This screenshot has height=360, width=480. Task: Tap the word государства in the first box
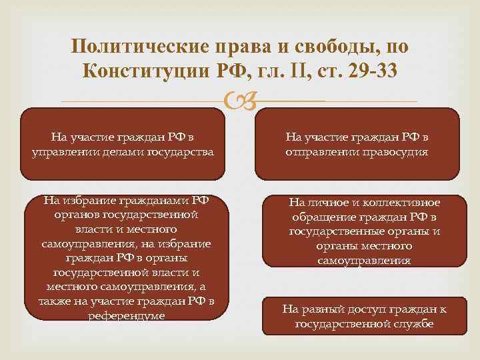[181, 151]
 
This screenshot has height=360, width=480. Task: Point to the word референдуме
[126, 315]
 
